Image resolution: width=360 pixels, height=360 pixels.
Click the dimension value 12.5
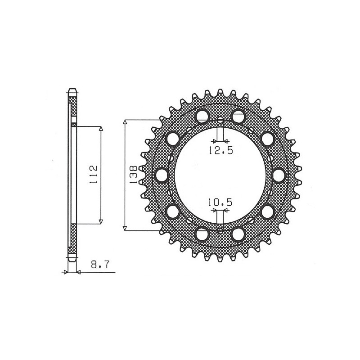[x=220, y=151]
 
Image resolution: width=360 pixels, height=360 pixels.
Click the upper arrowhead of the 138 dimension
[x=126, y=123]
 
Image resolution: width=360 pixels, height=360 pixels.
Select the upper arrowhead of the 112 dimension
[x=101, y=129]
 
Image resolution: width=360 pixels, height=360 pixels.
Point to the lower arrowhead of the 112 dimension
[x=101, y=221]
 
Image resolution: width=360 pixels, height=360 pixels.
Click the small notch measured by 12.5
[x=220, y=121]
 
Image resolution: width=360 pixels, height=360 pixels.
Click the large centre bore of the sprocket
[x=220, y=175]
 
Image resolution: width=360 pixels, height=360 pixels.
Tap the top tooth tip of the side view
[x=72, y=89]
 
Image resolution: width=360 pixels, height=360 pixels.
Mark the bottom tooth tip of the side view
[x=72, y=260]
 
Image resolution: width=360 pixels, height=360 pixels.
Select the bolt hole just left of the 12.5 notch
[x=202, y=116]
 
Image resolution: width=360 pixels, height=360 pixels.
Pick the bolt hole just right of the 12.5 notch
[x=238, y=116]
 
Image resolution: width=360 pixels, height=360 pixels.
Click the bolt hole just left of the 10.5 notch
[x=202, y=234]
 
